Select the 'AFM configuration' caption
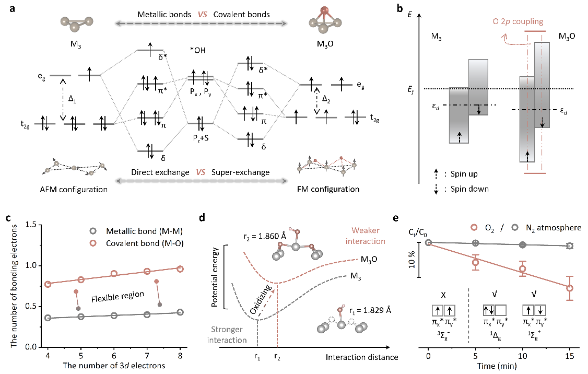[x=76, y=189]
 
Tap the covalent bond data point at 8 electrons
[x=181, y=269]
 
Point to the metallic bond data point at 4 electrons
[x=48, y=318]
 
